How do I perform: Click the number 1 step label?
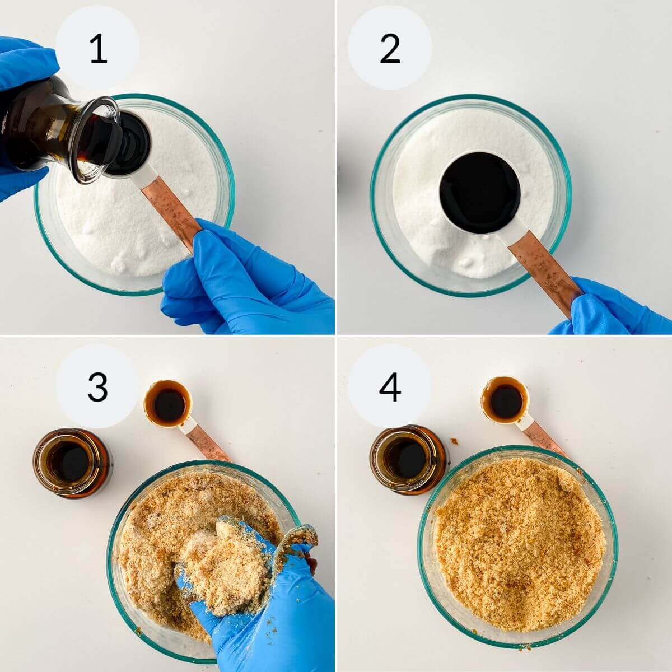pyautogui.click(x=97, y=48)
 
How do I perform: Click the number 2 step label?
pyautogui.click(x=390, y=48)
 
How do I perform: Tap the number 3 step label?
pyautogui.click(x=97, y=386)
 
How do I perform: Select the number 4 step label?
pyautogui.click(x=390, y=386)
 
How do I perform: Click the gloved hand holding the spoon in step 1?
pyautogui.click(x=246, y=280)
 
